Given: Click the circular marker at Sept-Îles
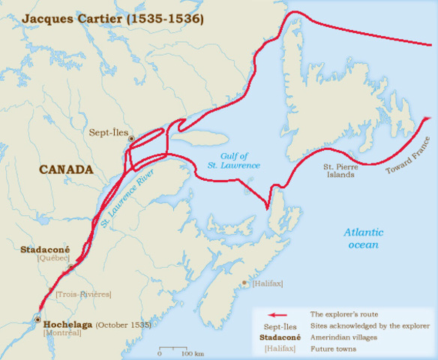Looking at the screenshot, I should pyautogui.click(x=131, y=139).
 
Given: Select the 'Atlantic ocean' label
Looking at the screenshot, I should pyautogui.click(x=361, y=238).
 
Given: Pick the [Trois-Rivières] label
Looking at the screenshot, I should pyautogui.click(x=82, y=294).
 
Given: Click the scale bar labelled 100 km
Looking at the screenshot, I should pyautogui.click(x=176, y=349).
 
